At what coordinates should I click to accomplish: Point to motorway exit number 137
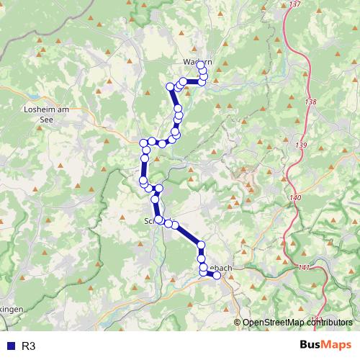point(294,4)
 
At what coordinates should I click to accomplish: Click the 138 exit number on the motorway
point(310,102)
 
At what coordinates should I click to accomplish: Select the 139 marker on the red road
point(301,145)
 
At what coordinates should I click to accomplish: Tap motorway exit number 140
point(295,197)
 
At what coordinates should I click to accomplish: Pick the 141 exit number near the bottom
point(303,267)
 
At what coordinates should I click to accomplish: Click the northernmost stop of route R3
point(200,65)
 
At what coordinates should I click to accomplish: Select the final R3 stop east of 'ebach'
point(217,275)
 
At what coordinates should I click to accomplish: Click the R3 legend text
point(29,346)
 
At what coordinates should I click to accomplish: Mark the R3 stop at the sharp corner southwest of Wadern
point(171,87)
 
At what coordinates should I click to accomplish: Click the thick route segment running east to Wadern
point(192,82)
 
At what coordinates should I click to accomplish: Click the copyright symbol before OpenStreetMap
point(238,323)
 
